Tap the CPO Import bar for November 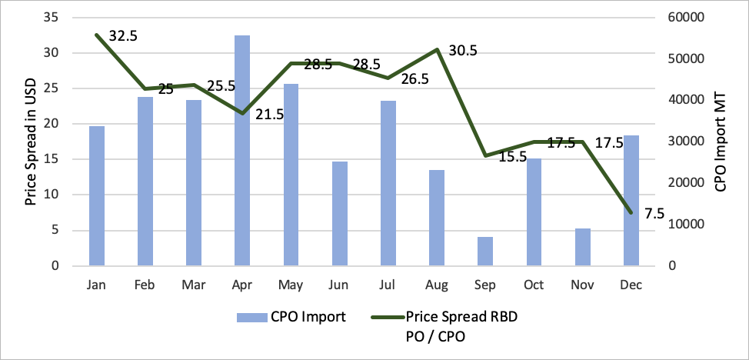point(582,247)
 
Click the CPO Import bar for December point(631,201)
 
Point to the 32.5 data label point(123,36)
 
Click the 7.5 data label point(654,214)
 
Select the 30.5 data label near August point(463,51)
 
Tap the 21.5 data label point(269,115)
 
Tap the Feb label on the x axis point(145,285)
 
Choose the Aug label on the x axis point(436,285)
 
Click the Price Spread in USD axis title point(32,143)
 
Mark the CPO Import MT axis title point(720,143)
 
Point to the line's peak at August point(437,49)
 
